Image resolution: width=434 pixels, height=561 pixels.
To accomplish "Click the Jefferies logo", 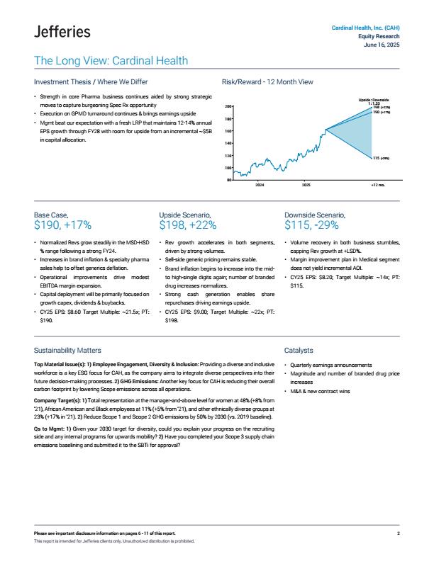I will pos(62,31).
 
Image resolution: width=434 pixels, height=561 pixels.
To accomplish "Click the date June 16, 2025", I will pos(381,45).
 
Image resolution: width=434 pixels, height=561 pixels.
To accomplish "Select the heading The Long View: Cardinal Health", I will pos(111,61).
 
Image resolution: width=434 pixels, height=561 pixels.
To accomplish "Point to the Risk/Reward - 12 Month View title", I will pos(267,82).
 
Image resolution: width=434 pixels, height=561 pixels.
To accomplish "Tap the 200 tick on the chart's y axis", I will pos(229,106).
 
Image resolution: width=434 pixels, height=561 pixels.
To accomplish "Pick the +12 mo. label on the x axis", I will pos(377,184).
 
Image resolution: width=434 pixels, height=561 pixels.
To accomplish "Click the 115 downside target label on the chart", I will pos(380,158).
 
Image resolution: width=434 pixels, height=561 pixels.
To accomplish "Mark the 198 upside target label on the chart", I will pos(382,107).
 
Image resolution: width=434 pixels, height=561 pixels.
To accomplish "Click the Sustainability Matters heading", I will pos(67,350).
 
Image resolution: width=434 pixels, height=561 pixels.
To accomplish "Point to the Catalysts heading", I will pos(299,350).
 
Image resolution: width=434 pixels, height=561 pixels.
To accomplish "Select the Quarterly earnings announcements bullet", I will pos(332,364).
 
